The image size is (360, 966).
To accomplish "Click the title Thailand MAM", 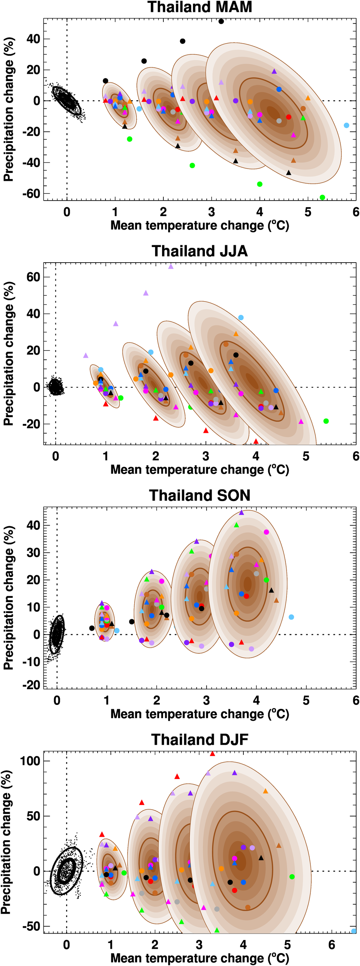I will [199, 7].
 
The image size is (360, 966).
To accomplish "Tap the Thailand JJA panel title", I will [199, 251].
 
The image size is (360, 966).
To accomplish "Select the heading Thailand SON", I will [199, 495].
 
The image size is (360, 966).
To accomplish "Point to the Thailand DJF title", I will [199, 739].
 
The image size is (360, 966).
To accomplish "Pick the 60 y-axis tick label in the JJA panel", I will [33, 277].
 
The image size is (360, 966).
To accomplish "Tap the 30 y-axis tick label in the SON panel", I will [33, 553].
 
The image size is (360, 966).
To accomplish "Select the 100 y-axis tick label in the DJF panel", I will [30, 761].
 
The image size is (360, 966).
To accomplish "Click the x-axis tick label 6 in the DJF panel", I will [332, 945].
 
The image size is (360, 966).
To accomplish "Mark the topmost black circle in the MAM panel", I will [221, 21].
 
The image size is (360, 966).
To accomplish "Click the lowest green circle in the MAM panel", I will [323, 198].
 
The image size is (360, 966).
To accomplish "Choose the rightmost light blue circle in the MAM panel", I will [346, 125].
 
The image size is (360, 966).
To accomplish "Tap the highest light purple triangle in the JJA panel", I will [171, 267].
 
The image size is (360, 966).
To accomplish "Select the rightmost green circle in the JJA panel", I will [326, 421].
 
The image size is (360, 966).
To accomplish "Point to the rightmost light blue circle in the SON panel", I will [291, 617].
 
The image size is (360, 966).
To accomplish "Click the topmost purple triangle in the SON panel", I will [242, 513].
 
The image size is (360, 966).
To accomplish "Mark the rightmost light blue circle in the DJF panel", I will [354, 931].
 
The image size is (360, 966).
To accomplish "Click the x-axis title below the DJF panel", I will [199, 958].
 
